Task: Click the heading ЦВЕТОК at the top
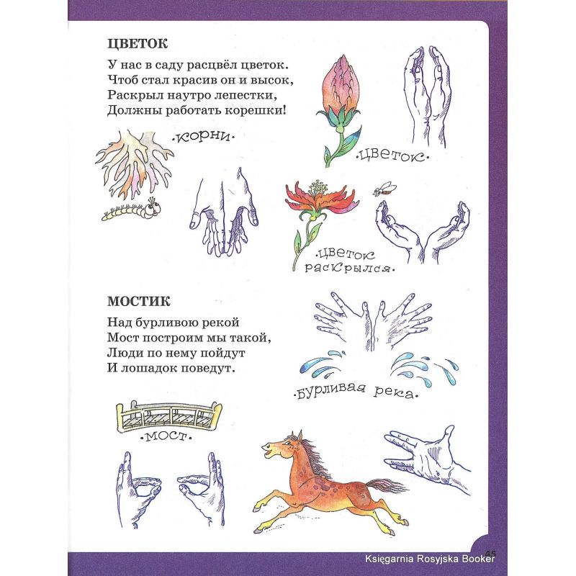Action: pos(138,44)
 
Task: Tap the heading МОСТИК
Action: pos(139,302)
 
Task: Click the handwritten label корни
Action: pos(203,137)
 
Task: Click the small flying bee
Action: pos(384,189)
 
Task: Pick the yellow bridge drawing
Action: pos(169,415)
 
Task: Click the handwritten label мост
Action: pos(166,436)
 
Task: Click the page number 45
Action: pos(490,553)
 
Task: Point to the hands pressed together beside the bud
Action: pos(428,96)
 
